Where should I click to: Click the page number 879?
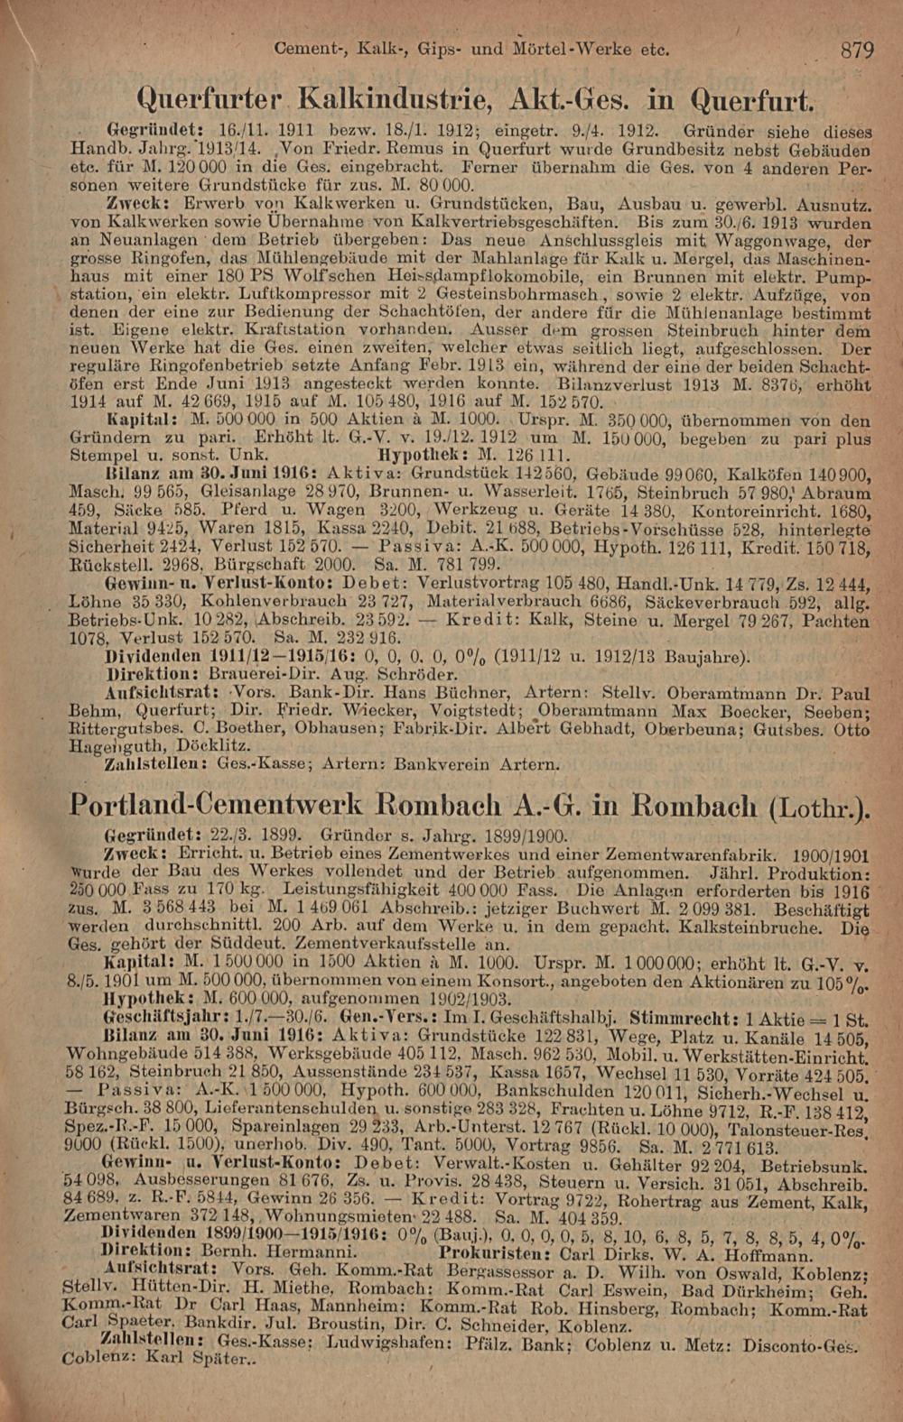[x=856, y=50]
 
